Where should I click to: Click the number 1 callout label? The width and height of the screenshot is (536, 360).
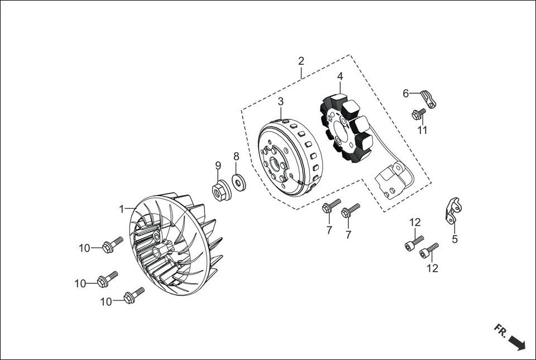pos(121,209)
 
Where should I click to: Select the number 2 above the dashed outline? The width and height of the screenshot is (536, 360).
pos(301,61)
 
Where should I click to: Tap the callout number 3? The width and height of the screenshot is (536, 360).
pos(281,101)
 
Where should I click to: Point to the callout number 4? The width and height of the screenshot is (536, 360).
pos(340,76)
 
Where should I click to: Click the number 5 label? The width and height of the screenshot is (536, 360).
pos(454,239)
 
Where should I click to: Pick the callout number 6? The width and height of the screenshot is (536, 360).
pos(406,93)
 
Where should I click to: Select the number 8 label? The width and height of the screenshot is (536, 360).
pos(236,156)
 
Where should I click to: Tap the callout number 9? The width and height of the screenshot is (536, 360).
pos(218,165)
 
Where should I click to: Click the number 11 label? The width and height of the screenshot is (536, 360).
pos(422,130)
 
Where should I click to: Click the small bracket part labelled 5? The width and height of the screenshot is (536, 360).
pos(453,210)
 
